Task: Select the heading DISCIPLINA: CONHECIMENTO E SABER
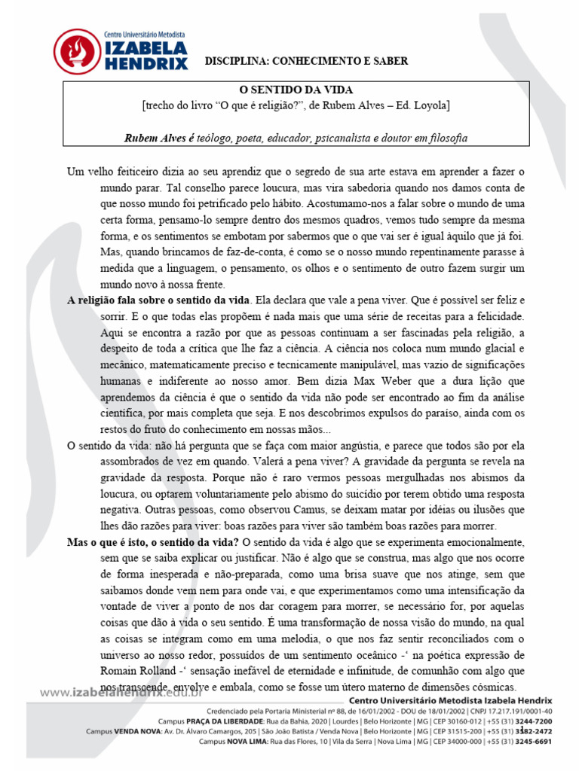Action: (307, 61)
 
